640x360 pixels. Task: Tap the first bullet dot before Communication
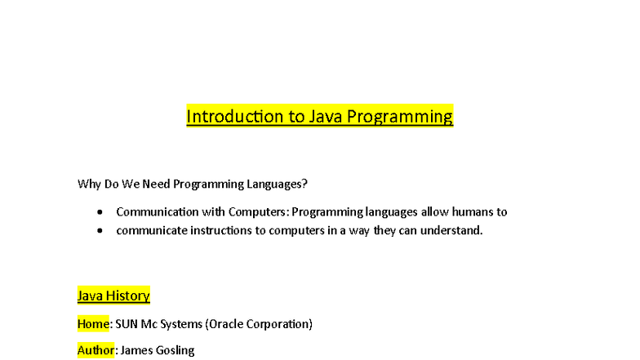100,212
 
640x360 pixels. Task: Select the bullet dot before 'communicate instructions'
100,231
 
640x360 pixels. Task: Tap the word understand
452,231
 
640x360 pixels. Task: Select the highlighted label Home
93,324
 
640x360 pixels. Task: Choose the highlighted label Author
96,350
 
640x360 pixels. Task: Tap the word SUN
127,324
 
